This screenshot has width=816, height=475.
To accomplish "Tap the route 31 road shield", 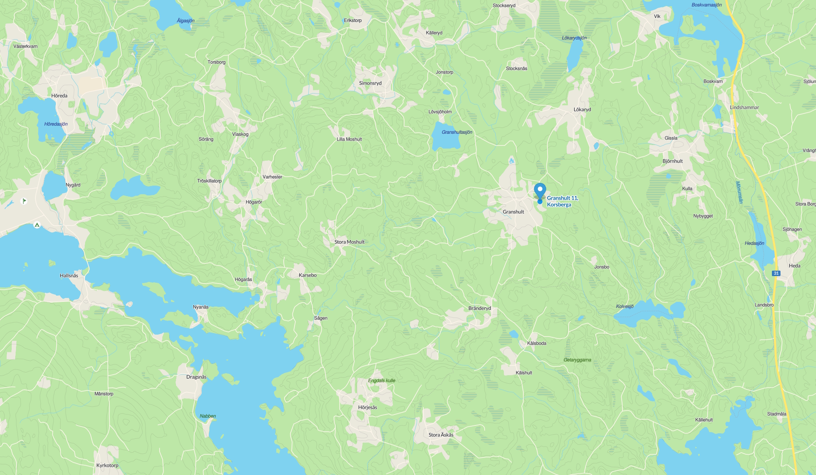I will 776,273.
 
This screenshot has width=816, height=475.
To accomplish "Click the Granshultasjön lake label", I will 457,132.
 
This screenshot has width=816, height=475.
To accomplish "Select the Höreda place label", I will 59,96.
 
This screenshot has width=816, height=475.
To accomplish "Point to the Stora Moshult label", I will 349,242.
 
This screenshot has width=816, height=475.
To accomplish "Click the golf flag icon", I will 24,201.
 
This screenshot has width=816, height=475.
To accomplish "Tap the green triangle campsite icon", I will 37,225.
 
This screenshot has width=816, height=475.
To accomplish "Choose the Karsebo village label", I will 308,275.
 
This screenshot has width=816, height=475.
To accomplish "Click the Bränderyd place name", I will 480,308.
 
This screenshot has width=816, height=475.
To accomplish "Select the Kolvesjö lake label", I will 624,306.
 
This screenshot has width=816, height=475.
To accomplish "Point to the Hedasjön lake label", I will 754,243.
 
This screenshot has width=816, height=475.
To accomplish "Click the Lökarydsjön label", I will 574,38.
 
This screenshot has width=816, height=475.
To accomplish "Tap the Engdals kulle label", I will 381,381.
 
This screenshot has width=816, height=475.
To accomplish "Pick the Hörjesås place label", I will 367,407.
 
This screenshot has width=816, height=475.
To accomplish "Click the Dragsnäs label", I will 196,377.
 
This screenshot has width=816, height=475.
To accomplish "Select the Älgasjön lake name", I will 185,21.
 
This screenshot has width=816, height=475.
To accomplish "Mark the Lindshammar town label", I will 744,107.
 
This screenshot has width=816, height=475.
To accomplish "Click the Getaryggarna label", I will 577,360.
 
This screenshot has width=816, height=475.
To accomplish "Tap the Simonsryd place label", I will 370,83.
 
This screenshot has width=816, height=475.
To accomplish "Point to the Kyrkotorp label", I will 107,465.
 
